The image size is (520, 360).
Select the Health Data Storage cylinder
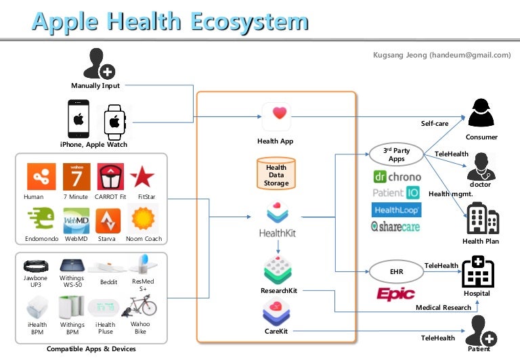(x=276, y=173)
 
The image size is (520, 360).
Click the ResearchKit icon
(x=277, y=269)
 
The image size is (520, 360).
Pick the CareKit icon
(x=277, y=313)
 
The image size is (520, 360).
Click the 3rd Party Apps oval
(x=396, y=155)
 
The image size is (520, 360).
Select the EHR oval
(x=396, y=272)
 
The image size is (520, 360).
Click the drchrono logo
(x=397, y=177)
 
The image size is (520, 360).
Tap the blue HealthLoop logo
(x=397, y=210)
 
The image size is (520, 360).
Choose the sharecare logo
(x=395, y=227)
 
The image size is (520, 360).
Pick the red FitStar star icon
(x=142, y=177)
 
